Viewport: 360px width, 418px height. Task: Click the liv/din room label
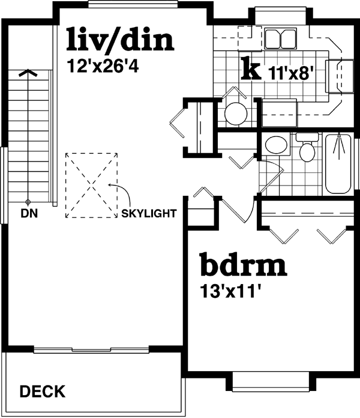coord(121,40)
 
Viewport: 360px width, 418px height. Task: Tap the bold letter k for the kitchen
coord(251,70)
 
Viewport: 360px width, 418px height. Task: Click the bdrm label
coord(242,265)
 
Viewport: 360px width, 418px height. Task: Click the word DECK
coord(43,392)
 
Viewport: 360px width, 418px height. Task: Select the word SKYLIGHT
coord(148,213)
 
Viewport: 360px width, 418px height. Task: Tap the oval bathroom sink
coord(276,145)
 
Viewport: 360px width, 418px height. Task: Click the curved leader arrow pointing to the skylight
coord(124,195)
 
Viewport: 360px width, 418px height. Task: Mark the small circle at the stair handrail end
coord(28,202)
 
